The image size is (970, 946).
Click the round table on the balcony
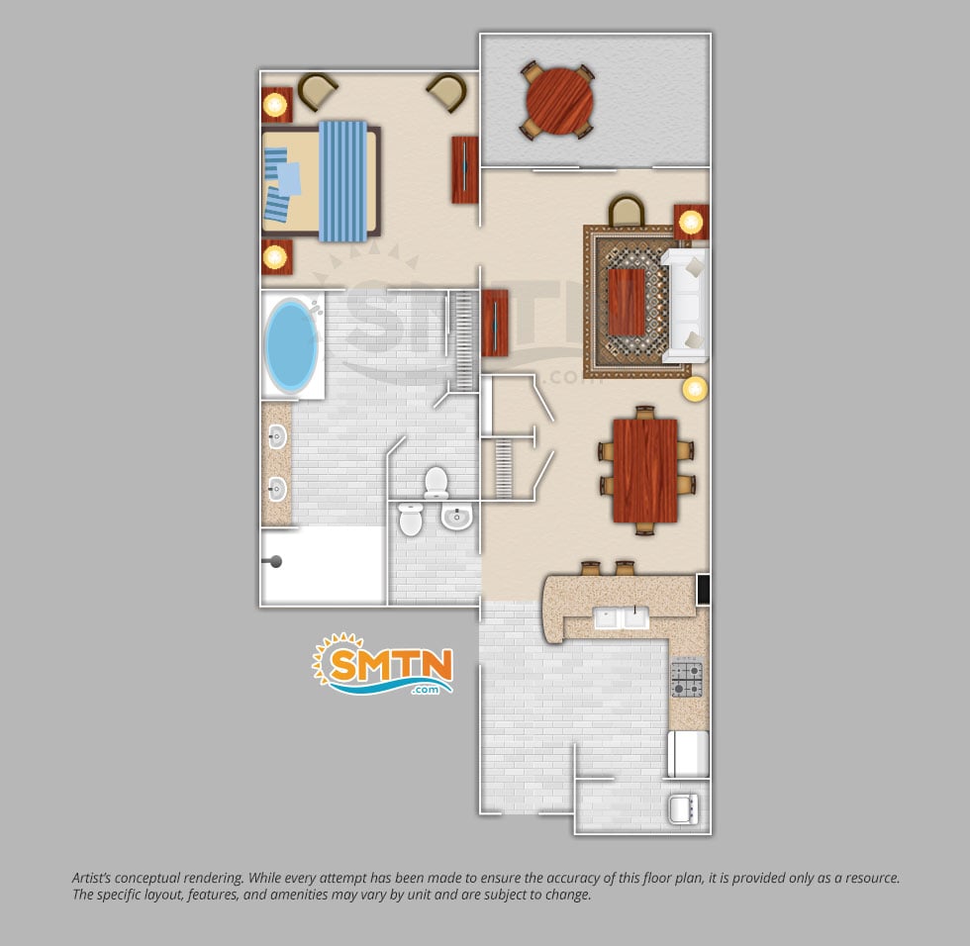pos(559,100)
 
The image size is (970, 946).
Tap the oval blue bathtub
pos(291,345)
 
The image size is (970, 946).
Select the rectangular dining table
pos(645,471)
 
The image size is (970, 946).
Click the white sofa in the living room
pos(685,306)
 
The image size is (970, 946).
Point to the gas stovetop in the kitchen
pos(687,679)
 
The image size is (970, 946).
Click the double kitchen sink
pos(622,617)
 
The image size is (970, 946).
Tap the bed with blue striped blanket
pos(321,180)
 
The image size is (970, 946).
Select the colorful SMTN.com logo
pos(384,663)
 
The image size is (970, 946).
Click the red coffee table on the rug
pos(627,302)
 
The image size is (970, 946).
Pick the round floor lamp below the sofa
pos(695,389)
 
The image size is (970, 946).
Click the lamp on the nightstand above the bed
pos(275,105)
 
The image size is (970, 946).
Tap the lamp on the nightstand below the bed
pos(275,256)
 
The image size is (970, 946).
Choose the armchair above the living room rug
pos(626,211)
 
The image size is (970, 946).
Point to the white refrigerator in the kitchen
pos(688,753)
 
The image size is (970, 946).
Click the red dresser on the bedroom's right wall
pos(464,170)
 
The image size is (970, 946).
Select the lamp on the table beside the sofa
pos(691,222)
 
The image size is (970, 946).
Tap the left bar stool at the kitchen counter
pos(591,568)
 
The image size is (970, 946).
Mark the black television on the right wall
pos(704,589)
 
